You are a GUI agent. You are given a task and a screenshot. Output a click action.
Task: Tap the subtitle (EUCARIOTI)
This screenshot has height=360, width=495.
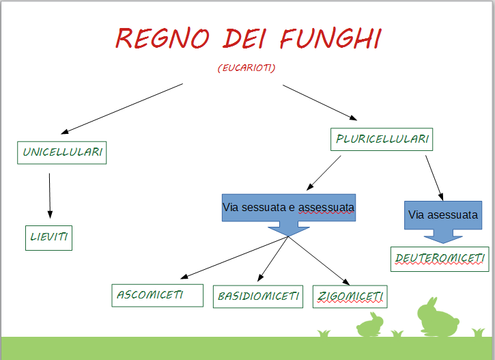(x=246, y=68)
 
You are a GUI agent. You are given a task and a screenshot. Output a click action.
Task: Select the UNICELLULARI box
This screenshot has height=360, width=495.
(x=62, y=152)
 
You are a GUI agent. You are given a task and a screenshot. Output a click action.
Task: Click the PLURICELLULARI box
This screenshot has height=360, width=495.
(x=382, y=139)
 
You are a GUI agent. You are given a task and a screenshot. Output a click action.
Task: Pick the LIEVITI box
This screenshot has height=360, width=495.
(x=48, y=237)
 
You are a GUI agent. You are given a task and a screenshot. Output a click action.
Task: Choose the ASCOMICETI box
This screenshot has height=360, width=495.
(x=158, y=295)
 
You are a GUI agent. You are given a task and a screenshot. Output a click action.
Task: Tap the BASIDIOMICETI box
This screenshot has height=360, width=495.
(x=258, y=296)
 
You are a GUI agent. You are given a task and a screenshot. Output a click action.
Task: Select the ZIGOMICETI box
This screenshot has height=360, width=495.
(x=350, y=296)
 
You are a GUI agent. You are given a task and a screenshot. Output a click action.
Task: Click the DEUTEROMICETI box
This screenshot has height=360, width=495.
(x=440, y=259)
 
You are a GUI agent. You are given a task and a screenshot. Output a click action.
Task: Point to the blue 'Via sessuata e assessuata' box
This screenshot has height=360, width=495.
(x=289, y=207)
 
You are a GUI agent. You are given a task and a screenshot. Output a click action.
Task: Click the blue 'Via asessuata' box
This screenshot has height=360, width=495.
(x=443, y=214)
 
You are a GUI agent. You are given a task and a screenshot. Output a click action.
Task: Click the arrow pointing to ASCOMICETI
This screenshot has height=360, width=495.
(x=236, y=257)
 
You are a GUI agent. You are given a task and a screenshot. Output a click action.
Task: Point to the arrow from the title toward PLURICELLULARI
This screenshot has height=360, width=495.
(x=319, y=102)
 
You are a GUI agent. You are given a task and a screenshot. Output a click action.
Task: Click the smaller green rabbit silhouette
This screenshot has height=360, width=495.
(x=371, y=326)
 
